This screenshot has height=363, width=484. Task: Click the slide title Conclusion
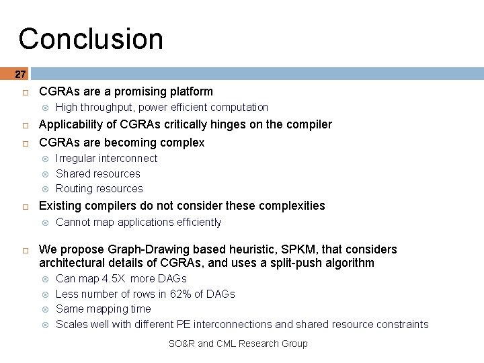tap(91, 39)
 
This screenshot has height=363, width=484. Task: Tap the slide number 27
tap(20, 74)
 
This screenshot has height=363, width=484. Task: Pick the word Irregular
tap(75, 159)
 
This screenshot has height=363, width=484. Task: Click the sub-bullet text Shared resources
tap(98, 173)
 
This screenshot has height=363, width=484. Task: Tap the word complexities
tap(293, 206)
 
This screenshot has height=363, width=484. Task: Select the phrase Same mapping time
tap(104, 309)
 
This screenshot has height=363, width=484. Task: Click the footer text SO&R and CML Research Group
tap(238, 344)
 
